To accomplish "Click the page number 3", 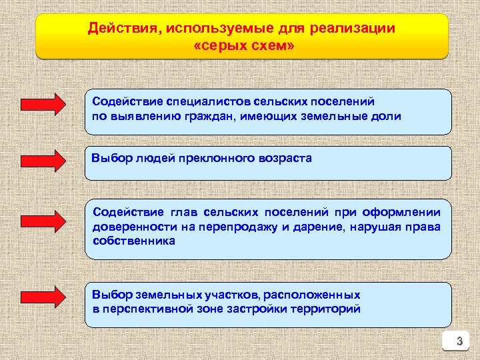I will [x=458, y=343].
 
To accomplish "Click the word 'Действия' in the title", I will [x=125, y=29].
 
